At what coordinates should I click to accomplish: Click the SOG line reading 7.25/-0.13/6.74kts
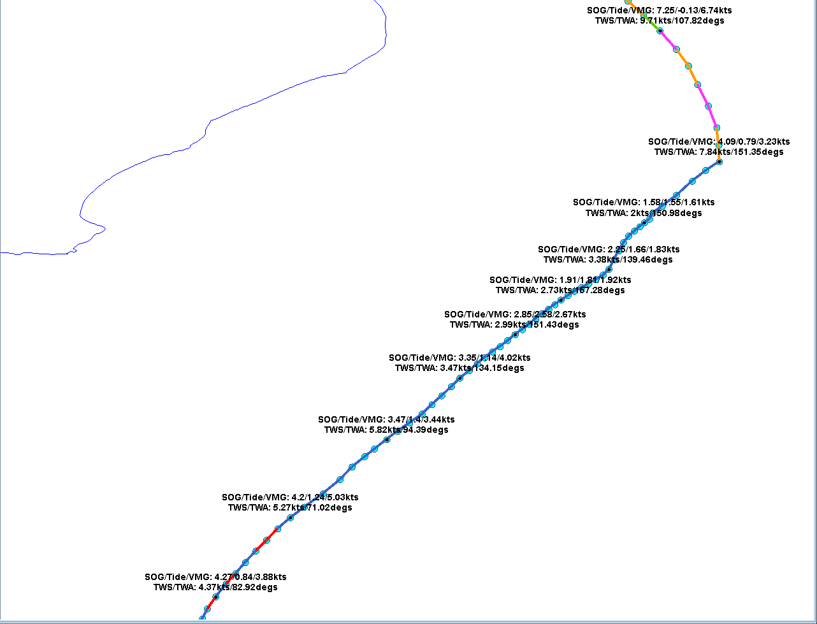pyautogui.click(x=659, y=10)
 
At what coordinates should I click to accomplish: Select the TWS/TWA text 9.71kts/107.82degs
pyautogui.click(x=659, y=20)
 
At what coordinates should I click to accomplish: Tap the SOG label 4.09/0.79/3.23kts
pyautogui.click(x=719, y=141)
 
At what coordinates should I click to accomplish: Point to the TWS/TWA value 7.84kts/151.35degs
pyautogui.click(x=719, y=152)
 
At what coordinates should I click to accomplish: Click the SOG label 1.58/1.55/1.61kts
pyautogui.click(x=644, y=202)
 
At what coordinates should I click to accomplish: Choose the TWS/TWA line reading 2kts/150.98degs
pyautogui.click(x=644, y=213)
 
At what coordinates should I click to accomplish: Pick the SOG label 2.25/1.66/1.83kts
pyautogui.click(x=609, y=249)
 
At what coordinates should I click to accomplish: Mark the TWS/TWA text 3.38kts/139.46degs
pyautogui.click(x=608, y=259)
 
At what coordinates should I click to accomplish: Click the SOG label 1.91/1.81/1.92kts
pyautogui.click(x=560, y=280)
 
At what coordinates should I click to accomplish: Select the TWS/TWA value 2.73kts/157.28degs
pyautogui.click(x=560, y=290)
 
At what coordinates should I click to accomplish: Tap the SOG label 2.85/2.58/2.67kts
pyautogui.click(x=515, y=314)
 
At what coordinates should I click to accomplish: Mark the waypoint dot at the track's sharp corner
pyautogui.click(x=719, y=162)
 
